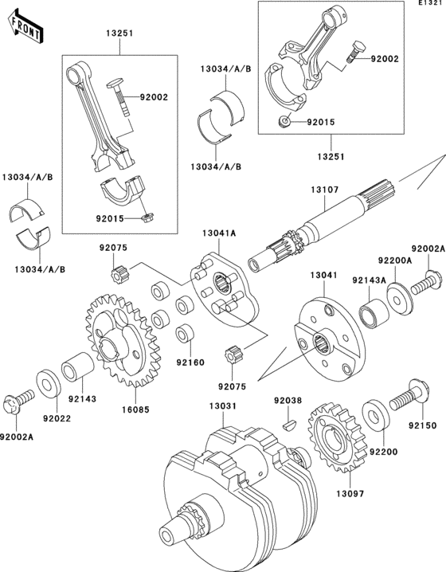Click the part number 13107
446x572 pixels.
click(326, 190)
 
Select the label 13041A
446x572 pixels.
click(219, 233)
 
